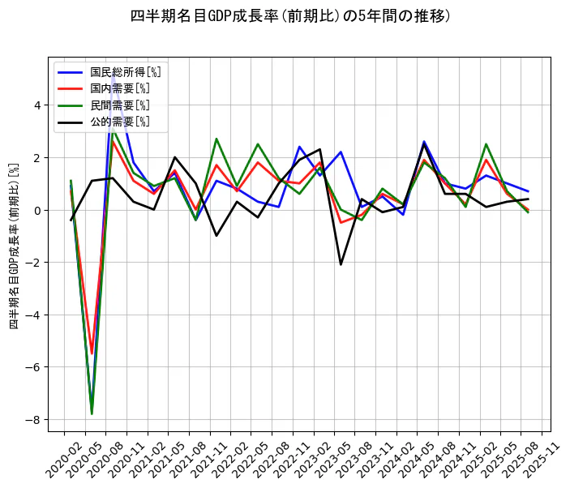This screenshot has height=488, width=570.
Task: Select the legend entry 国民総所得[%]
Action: coord(119,71)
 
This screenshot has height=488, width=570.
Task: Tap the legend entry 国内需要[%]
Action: coord(119,88)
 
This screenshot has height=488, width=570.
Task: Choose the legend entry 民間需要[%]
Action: coord(119,105)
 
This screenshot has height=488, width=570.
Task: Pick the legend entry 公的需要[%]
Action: coord(119,122)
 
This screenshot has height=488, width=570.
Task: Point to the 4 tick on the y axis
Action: coord(36,105)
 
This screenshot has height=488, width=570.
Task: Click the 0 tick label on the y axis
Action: coord(36,210)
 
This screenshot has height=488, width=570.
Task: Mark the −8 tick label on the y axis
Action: coord(33,420)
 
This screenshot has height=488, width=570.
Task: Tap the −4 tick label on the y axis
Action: coord(33,315)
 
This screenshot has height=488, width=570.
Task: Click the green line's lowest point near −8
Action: coord(92,413)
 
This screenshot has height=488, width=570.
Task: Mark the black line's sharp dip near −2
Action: coord(341,264)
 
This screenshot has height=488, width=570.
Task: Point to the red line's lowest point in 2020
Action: coord(92,353)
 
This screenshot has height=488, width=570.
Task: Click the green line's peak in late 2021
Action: coord(216,139)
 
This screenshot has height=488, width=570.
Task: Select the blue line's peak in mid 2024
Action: coord(424,142)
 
